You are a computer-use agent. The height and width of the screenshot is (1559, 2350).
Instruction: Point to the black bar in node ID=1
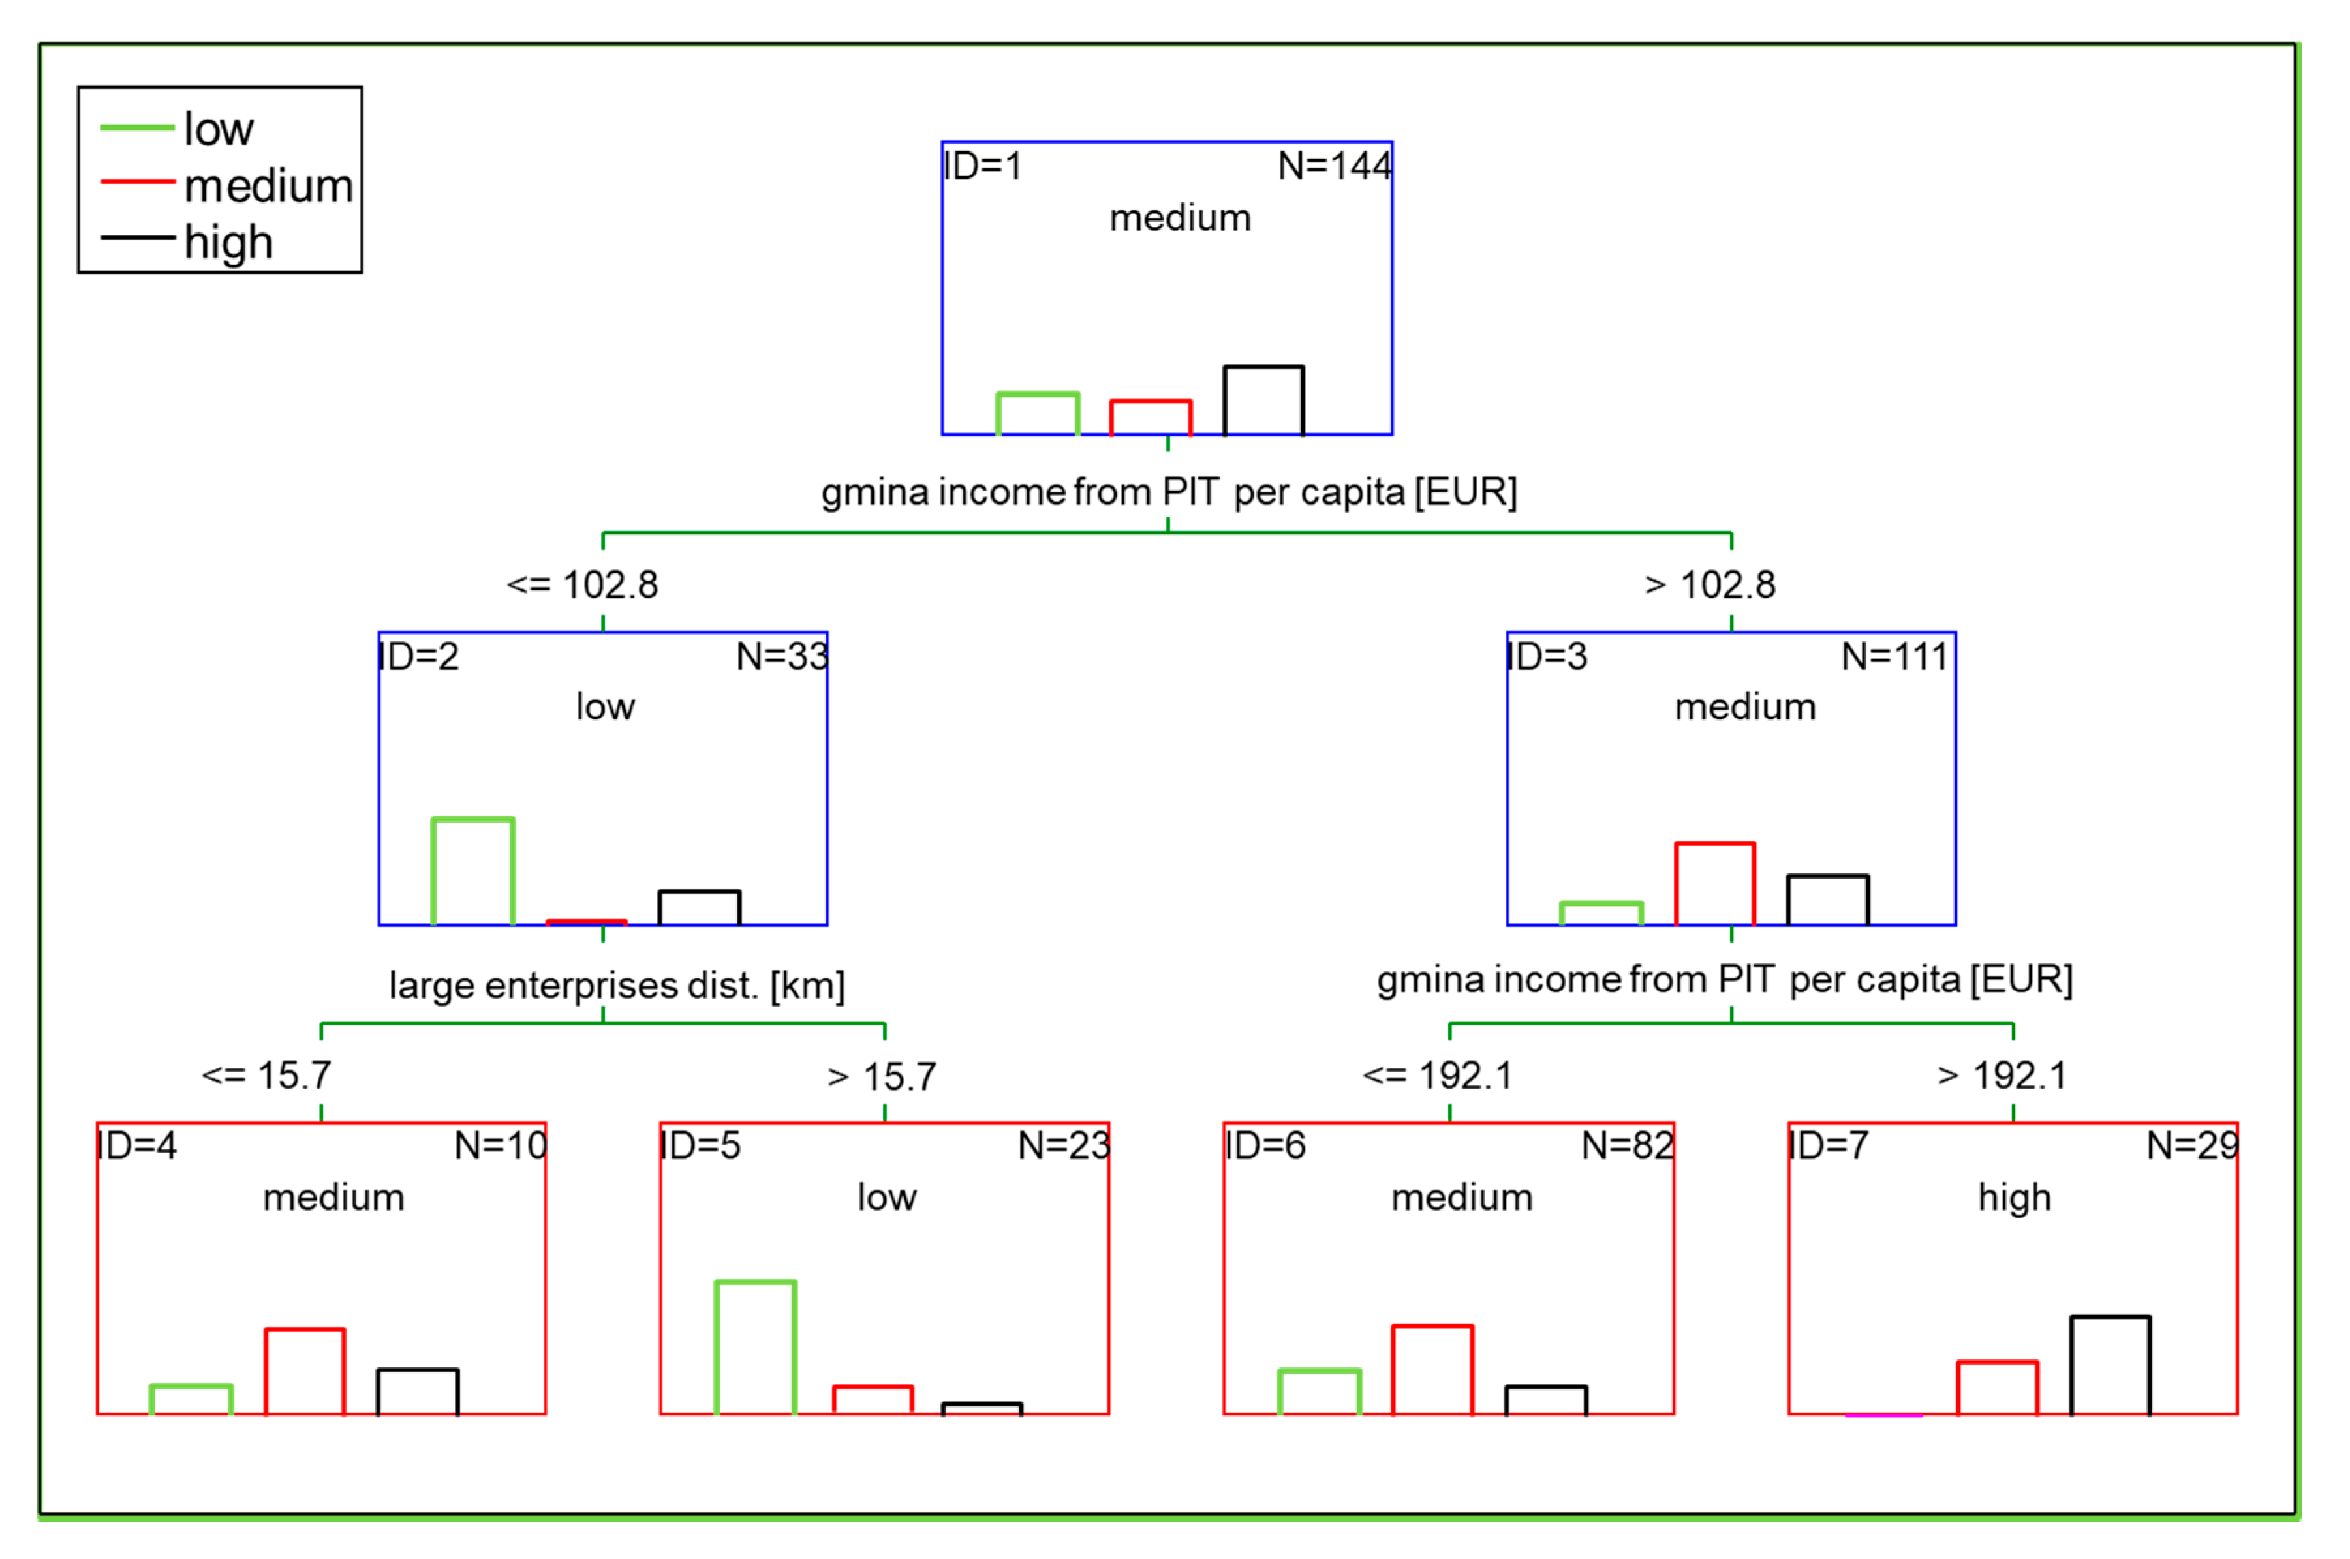click(x=1263, y=401)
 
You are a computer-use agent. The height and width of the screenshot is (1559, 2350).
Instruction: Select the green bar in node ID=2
click(x=472, y=871)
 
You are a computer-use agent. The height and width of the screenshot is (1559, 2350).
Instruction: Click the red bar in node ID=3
click(x=1714, y=883)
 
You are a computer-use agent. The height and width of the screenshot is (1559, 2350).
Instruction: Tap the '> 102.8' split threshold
click(x=1710, y=584)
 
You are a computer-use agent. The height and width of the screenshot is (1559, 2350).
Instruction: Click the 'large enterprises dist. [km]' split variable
click(x=617, y=986)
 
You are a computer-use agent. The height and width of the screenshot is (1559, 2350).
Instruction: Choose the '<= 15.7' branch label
click(x=266, y=1076)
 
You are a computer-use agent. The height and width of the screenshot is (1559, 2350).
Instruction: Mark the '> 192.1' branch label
click(x=2002, y=1076)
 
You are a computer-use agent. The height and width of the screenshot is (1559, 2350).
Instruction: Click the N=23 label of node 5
click(x=1063, y=1146)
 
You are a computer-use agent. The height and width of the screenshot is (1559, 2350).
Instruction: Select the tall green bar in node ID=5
click(x=755, y=1347)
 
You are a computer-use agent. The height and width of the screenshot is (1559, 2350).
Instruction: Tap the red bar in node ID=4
click(x=304, y=1371)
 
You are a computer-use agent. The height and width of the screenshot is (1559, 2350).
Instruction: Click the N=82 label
click(x=1627, y=1146)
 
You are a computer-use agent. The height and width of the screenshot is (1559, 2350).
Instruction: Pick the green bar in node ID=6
click(x=1319, y=1392)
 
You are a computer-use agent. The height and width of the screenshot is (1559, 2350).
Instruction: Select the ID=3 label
click(x=1547, y=656)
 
